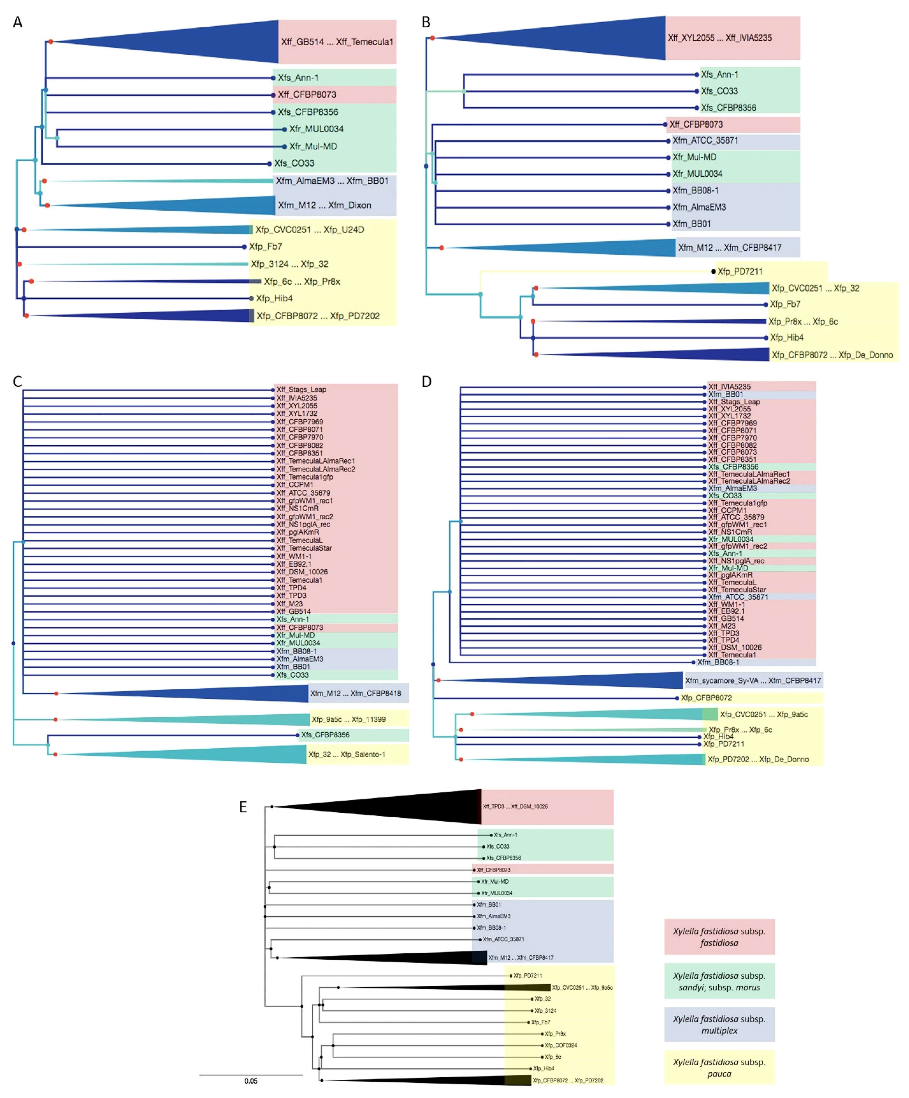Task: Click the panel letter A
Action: click(x=18, y=23)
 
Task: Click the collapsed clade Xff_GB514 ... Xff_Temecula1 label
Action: click(x=337, y=42)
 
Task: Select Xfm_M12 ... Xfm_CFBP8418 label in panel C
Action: click(x=356, y=693)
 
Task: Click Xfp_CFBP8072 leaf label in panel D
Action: click(x=706, y=697)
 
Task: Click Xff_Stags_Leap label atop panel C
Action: click(x=301, y=390)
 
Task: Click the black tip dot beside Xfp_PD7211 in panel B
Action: click(x=713, y=271)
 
